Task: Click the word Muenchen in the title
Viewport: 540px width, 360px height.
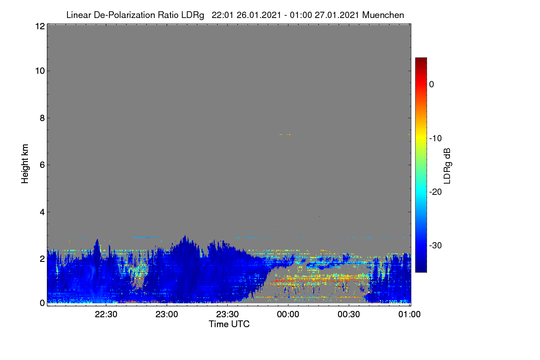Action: [383, 15]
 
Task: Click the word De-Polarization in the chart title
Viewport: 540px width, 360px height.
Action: [124, 15]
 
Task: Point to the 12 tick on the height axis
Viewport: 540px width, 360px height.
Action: [40, 26]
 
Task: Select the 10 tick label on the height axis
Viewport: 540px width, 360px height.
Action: [40, 71]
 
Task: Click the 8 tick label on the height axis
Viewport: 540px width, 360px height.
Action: [42, 118]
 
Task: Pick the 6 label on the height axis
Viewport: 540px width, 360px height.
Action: [42, 165]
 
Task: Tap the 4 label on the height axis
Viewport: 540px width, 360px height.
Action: [42, 212]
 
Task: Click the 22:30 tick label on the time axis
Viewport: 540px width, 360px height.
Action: [106, 314]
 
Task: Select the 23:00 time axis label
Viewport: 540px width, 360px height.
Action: [166, 314]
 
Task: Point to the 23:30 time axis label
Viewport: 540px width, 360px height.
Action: [227, 314]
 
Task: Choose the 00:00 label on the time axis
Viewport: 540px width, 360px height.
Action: [288, 314]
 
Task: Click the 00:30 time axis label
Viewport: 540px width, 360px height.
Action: [349, 314]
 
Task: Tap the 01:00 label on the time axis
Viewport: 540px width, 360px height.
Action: [409, 314]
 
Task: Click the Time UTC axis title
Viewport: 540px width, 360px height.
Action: [229, 324]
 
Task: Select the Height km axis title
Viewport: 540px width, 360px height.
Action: [25, 164]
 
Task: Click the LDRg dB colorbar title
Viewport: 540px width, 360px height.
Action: [447, 166]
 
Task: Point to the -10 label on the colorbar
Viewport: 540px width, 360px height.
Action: [436, 139]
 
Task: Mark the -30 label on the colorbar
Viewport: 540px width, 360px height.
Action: [436, 245]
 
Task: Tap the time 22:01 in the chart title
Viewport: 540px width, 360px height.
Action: [222, 15]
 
